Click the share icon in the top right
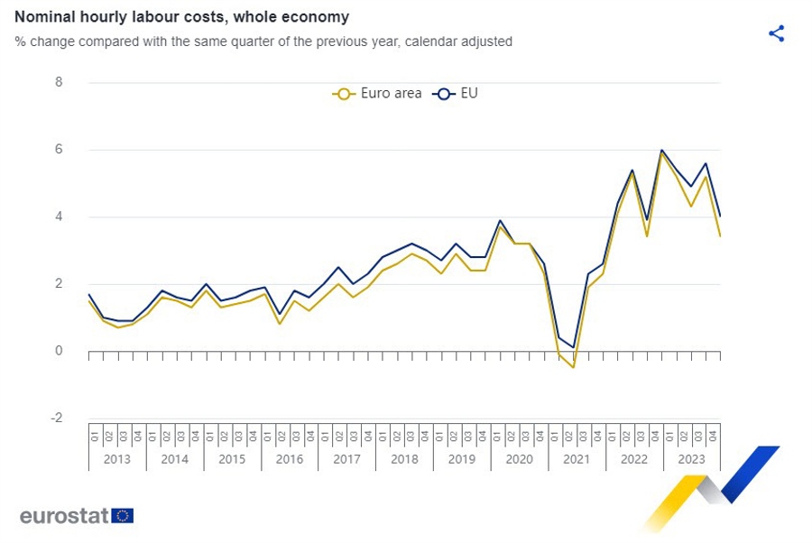point(776,34)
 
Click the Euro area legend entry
point(377,93)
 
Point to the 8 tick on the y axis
point(59,82)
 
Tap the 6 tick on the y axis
point(59,150)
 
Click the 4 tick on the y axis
point(59,216)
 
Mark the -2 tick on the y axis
point(57,419)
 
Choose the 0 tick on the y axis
point(59,351)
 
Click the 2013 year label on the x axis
point(116,458)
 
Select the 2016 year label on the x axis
point(289,458)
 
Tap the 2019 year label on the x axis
point(462,458)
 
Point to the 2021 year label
point(577,458)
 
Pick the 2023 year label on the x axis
point(692,458)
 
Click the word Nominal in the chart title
point(44,17)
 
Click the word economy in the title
point(318,17)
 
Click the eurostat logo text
point(64,516)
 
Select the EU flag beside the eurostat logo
point(123,516)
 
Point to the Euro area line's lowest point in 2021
point(573,367)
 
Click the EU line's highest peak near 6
point(662,150)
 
